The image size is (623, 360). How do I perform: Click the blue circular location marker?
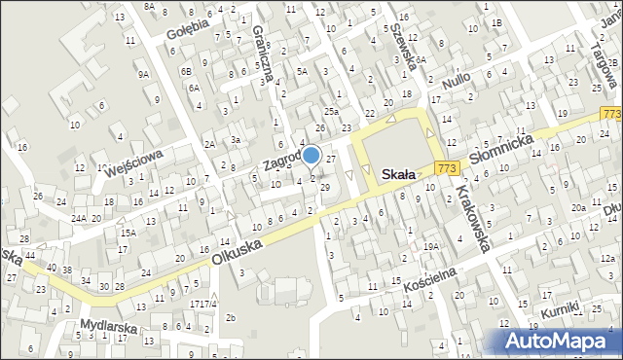311,155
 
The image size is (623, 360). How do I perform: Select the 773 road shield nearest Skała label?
447,168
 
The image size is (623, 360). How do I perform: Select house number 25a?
332,113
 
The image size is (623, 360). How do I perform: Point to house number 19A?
429,247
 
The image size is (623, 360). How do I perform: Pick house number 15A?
128,233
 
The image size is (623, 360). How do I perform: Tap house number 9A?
144,73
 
